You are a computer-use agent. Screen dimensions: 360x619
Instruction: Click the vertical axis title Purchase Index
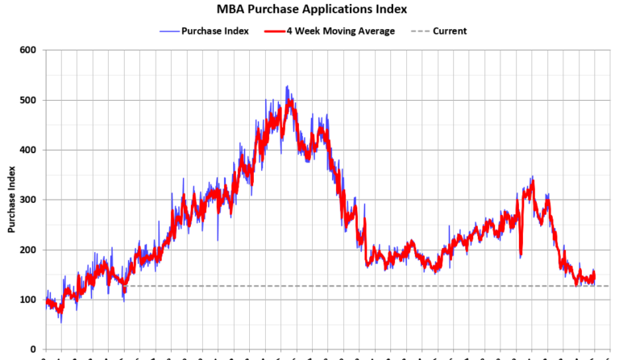[12, 200]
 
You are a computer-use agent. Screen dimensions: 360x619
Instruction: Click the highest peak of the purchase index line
[287, 86]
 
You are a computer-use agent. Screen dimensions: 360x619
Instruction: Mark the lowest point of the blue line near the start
[61, 322]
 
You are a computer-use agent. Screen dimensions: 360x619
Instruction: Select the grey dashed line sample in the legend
[419, 31]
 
